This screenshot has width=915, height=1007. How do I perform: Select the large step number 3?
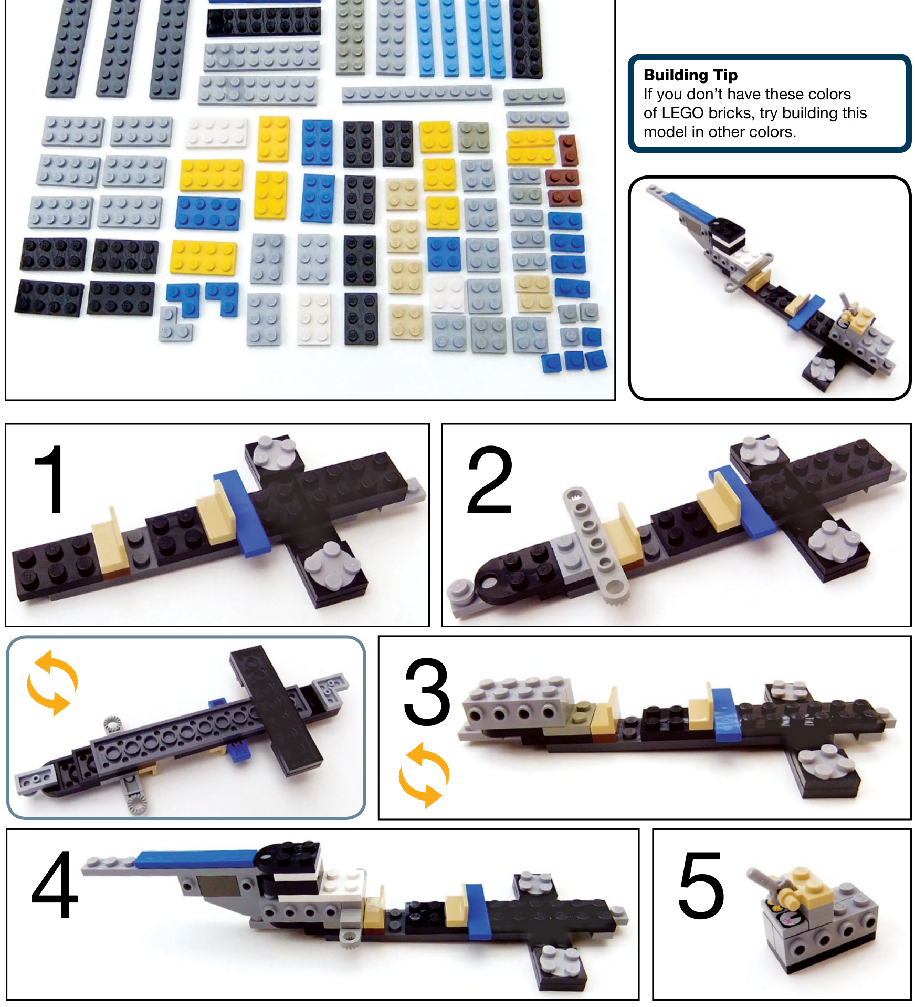click(427, 692)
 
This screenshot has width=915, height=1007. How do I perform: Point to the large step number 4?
click(55, 884)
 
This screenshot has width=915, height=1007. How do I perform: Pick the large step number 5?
click(701, 885)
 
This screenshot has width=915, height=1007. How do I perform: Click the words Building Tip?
click(690, 75)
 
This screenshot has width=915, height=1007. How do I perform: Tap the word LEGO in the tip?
click(682, 113)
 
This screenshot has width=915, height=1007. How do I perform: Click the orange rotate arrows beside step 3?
click(424, 775)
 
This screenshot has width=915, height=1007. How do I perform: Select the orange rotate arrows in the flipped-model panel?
click(52, 682)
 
